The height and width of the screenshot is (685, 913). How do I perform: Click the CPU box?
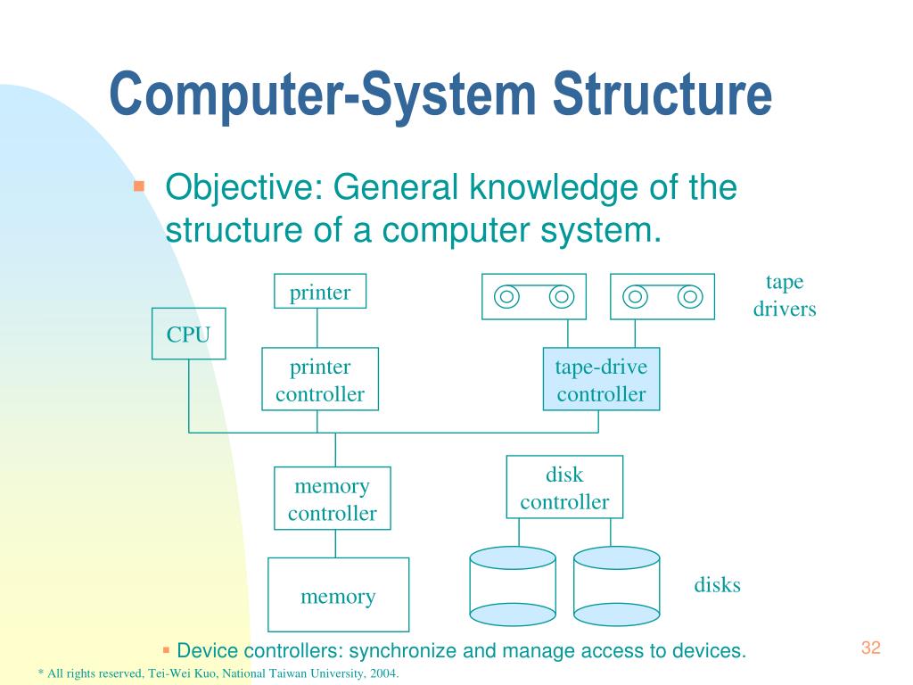188,334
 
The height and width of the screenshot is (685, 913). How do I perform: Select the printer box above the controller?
319,292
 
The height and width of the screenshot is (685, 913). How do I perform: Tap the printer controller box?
320,379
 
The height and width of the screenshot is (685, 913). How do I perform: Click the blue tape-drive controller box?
601,379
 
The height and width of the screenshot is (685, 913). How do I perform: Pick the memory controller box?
332,499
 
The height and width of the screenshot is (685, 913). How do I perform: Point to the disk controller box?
564,487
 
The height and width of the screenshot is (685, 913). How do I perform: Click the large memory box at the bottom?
338,595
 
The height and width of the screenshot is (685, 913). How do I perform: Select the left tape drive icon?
534,296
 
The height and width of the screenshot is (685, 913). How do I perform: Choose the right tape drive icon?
662,296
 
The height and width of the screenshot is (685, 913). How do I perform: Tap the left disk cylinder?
513,586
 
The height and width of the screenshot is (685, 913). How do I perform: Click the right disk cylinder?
616,586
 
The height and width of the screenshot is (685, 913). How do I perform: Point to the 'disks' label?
717,585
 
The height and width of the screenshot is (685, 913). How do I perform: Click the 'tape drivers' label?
785,296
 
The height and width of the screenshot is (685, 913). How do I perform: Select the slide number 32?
870,648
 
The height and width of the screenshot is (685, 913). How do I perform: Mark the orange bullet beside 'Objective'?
138,186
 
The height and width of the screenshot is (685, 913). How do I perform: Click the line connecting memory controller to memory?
335,543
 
